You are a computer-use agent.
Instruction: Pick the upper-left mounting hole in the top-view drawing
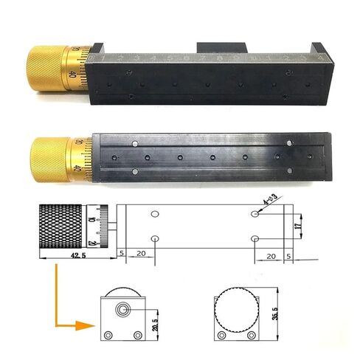click(155, 214)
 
